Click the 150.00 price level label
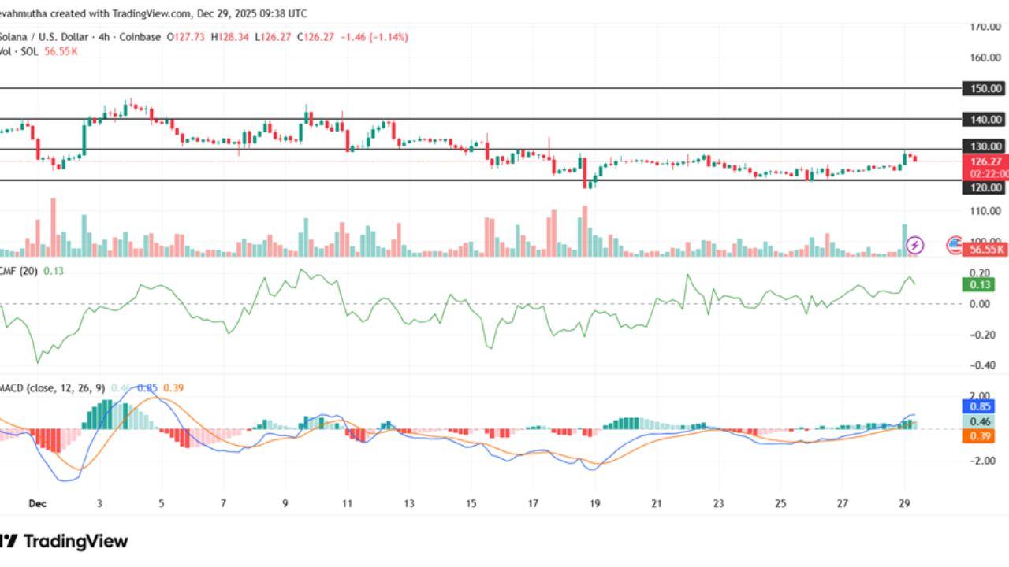point(985,88)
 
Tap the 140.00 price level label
point(985,119)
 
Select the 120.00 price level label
point(985,187)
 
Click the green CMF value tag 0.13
point(979,284)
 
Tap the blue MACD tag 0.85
point(979,406)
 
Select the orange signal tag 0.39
point(979,436)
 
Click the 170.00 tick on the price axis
point(985,26)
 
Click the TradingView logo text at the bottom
point(75,541)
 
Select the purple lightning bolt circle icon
point(914,245)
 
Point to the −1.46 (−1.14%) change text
point(373,37)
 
